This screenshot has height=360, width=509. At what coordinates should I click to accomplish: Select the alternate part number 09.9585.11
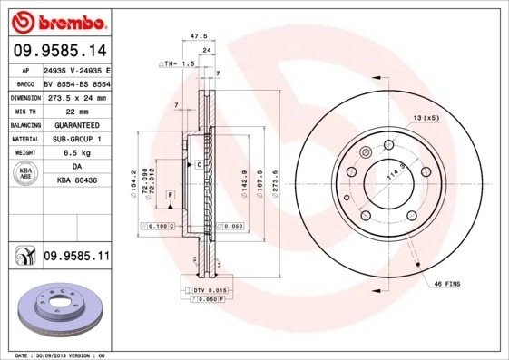(x=76, y=258)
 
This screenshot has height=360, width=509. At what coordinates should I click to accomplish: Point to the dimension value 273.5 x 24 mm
(x=76, y=96)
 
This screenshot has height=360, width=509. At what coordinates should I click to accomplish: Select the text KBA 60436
(x=76, y=181)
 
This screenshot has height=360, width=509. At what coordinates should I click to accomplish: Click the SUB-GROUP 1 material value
(x=76, y=139)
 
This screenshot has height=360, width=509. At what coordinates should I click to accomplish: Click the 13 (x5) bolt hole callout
(x=426, y=119)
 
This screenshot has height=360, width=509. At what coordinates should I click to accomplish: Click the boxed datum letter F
(x=169, y=194)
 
